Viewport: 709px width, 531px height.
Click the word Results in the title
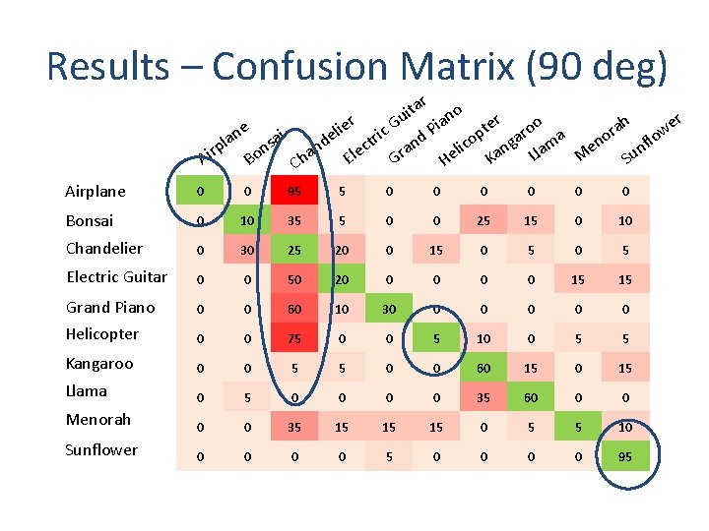[x=108, y=66]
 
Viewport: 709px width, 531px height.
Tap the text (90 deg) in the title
[x=599, y=66]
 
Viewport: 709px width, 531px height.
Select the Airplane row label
[x=96, y=192]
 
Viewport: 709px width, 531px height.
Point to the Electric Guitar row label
[x=116, y=277]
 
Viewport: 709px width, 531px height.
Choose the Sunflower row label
[x=101, y=450]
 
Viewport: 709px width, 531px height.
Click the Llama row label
[x=87, y=391]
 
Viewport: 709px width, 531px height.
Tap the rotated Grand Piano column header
[x=423, y=131]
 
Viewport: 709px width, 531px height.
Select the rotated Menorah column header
[x=602, y=137]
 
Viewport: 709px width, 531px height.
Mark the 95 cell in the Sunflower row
[x=626, y=456]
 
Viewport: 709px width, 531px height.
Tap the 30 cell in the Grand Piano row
[x=389, y=309]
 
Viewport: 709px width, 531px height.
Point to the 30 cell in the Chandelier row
[x=246, y=251]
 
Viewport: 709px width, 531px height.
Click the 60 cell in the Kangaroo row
[x=483, y=368]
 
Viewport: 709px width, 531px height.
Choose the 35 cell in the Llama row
[x=483, y=396]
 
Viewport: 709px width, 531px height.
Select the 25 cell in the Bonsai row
[x=483, y=221]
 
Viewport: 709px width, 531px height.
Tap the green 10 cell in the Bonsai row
[x=246, y=221]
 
